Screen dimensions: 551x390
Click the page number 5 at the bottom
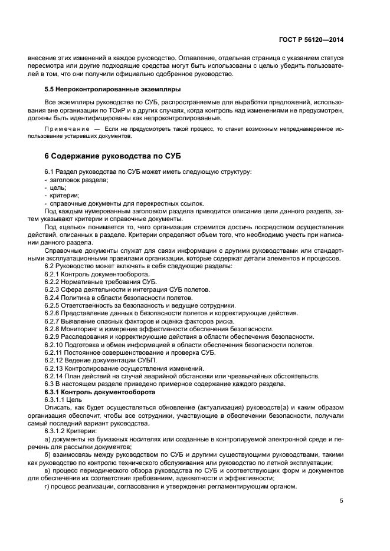341,501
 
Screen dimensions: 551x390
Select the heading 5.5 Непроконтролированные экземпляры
107,90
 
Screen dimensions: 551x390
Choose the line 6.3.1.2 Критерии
74,431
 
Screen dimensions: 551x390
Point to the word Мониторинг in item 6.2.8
86,329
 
